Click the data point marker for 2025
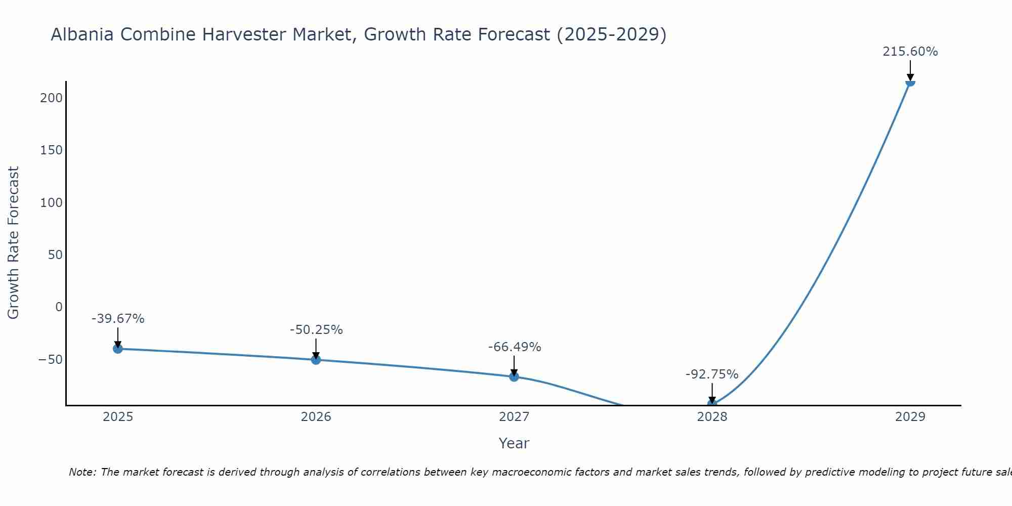tap(118, 349)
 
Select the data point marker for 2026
tap(316, 360)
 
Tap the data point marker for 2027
tap(514, 376)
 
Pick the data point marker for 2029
tap(910, 82)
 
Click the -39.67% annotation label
tap(118, 319)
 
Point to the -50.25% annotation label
tap(316, 330)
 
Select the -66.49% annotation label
tap(515, 347)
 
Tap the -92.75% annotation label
tap(712, 374)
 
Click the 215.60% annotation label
tap(910, 52)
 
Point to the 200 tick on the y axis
tap(51, 98)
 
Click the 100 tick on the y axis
tap(51, 202)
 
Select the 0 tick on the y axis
tap(59, 307)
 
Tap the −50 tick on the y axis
tap(50, 360)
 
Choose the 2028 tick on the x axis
tap(712, 417)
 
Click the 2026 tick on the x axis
tap(316, 417)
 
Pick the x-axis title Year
tap(514, 443)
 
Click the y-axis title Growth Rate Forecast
tap(13, 243)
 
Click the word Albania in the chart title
tap(83, 34)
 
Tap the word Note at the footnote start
tap(82, 472)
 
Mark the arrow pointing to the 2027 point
tap(514, 365)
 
